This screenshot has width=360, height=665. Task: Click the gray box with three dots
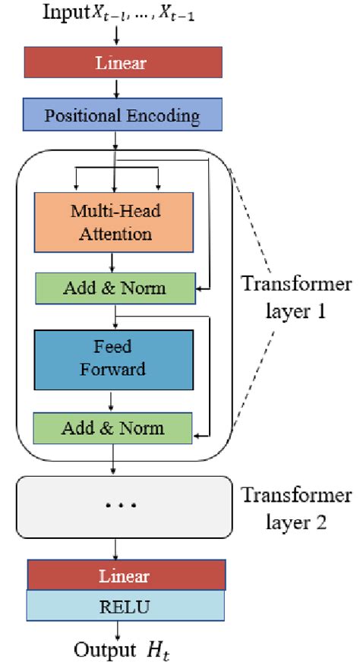pyautogui.click(x=123, y=506)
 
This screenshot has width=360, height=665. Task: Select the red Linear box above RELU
pyautogui.click(x=126, y=575)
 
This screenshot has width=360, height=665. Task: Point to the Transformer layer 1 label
pyautogui.click(x=296, y=298)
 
